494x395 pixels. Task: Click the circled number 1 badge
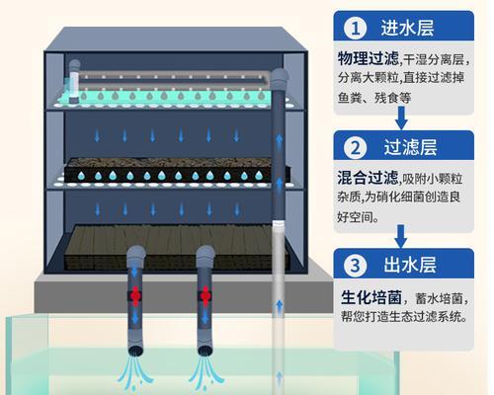coord(356,28)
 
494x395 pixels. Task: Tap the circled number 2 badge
coord(356,147)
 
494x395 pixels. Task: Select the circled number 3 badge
coord(356,265)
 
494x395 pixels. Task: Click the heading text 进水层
coord(407,28)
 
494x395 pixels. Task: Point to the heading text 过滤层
coord(410,147)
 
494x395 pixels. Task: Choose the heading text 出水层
coord(410,265)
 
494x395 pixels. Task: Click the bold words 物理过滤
coord(369,58)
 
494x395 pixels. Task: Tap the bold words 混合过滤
coord(368,178)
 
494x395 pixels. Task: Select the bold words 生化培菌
coord(371,297)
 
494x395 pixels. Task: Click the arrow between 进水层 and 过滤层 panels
coord(401,118)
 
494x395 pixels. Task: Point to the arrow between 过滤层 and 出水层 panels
coord(401,236)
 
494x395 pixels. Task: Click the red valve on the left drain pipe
coord(135,296)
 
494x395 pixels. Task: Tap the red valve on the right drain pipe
coord(206,296)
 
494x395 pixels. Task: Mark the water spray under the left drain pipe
coord(133,373)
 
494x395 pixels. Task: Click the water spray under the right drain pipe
coord(205,373)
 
